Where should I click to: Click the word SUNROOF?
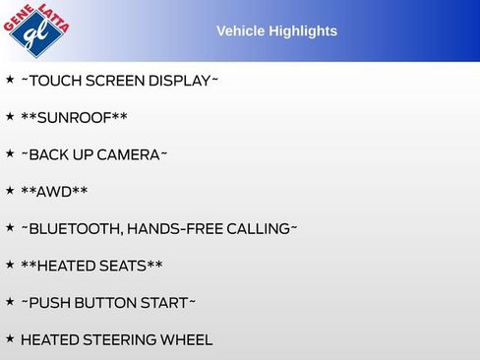(74, 118)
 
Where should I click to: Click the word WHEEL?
(188, 340)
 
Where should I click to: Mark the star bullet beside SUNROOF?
(10, 116)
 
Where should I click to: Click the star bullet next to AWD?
(10, 190)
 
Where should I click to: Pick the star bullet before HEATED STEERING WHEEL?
(10, 338)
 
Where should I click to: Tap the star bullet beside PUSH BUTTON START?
(10, 301)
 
